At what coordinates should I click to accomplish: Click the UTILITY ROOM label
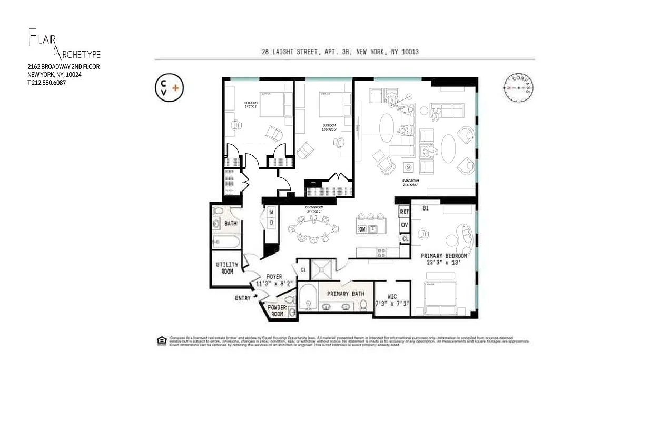(x=227, y=268)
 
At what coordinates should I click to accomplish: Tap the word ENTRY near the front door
(x=243, y=298)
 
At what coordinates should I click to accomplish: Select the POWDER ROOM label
(x=277, y=310)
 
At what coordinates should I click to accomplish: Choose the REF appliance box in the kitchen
(x=405, y=212)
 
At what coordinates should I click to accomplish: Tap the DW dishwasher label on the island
(x=362, y=229)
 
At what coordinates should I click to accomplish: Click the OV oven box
(x=405, y=225)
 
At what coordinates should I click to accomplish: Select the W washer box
(x=271, y=213)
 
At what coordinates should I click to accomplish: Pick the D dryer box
(x=271, y=223)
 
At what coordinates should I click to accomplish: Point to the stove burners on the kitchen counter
(x=381, y=253)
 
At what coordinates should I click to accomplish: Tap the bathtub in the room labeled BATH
(x=226, y=242)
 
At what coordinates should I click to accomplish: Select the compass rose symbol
(x=518, y=86)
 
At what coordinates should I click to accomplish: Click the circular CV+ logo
(x=169, y=87)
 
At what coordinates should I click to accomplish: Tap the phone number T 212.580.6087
(x=47, y=83)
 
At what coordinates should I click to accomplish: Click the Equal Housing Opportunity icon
(x=161, y=340)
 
